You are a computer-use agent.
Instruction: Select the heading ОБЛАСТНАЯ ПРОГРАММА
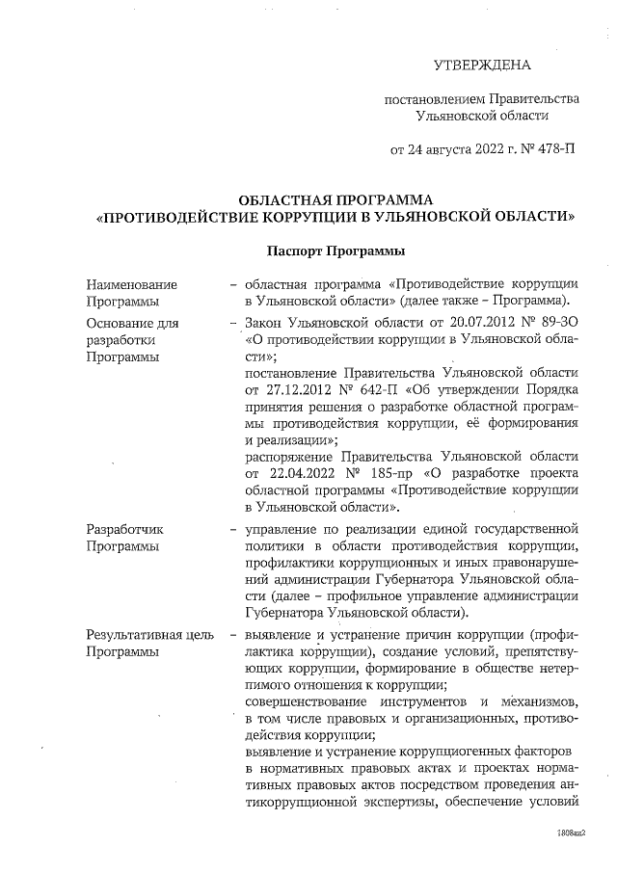click(335, 199)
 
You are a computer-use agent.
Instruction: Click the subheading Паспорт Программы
click(335, 251)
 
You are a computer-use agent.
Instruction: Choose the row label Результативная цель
click(146, 635)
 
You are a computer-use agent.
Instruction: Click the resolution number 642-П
click(380, 391)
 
